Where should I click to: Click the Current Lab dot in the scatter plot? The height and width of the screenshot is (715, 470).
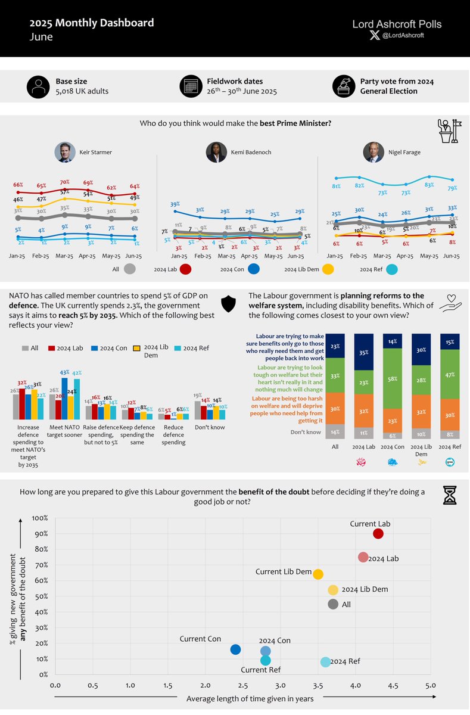[378, 533]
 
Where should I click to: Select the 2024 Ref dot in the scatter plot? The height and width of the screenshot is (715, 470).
[325, 662]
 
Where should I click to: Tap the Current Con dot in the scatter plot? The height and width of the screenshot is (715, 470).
[235, 649]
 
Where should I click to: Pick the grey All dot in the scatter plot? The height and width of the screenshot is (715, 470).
[333, 604]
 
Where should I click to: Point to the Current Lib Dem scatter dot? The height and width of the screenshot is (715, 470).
[318, 574]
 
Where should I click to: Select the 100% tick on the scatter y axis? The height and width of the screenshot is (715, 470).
[39, 518]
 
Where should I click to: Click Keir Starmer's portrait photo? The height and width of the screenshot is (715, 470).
[64, 152]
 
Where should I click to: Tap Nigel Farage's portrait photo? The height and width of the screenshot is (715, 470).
[373, 152]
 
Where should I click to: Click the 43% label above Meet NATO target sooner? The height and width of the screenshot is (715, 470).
[64, 372]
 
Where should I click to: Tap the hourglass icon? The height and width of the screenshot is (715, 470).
[449, 495]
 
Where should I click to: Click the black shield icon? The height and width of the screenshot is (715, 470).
[229, 304]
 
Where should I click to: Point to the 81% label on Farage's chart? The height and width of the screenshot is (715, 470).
[337, 186]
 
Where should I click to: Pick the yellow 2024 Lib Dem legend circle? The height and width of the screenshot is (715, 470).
[327, 269]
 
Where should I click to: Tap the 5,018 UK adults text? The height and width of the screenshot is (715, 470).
[82, 92]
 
